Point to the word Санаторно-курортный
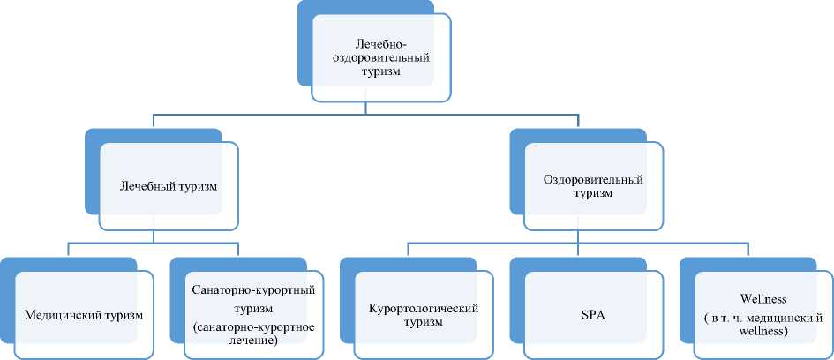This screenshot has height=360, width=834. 253,289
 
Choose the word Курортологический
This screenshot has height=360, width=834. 423,308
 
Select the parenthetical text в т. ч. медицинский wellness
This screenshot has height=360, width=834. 763,323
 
